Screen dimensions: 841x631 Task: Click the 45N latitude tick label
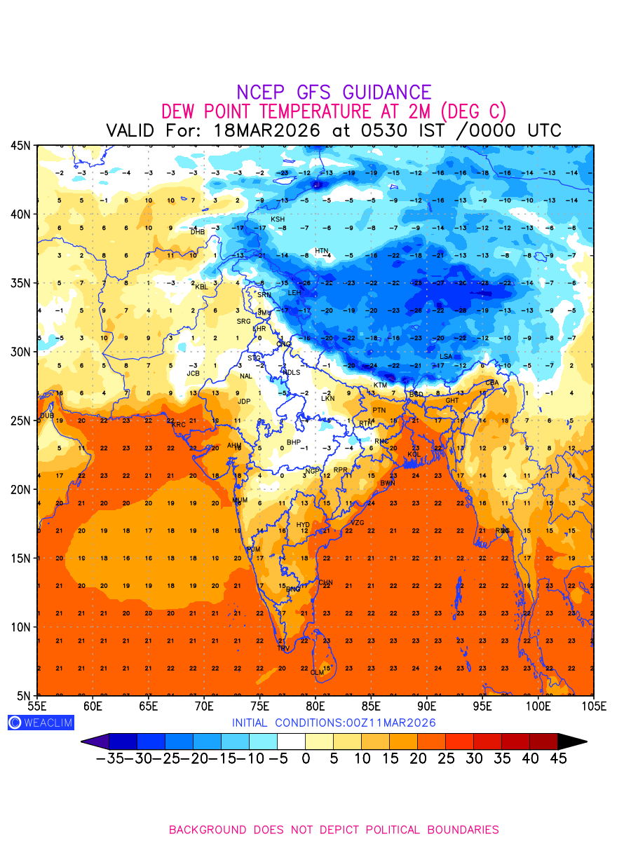(x=20, y=145)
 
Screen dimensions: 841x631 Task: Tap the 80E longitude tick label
(x=315, y=705)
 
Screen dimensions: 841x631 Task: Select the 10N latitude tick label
(x=20, y=627)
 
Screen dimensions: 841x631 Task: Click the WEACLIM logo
(x=41, y=723)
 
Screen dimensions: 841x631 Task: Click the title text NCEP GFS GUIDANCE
(x=334, y=93)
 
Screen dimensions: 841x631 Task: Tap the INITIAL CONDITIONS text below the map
(x=334, y=723)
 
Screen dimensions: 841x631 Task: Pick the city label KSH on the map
(x=278, y=219)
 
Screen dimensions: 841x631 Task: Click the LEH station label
(x=294, y=292)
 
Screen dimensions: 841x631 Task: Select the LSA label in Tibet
(x=446, y=357)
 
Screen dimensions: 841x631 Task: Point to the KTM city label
(x=380, y=385)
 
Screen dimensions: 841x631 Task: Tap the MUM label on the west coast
(x=240, y=500)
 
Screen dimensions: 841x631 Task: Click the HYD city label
(x=303, y=524)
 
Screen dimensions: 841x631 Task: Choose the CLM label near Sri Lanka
(x=317, y=673)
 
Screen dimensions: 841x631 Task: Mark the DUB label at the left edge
(x=46, y=416)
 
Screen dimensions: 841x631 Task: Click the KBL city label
(x=201, y=287)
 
